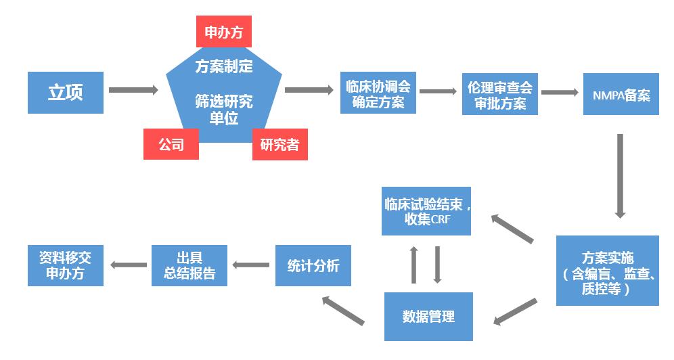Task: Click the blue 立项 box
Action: click(x=66, y=92)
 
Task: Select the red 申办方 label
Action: click(x=223, y=31)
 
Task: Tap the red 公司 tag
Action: click(x=171, y=144)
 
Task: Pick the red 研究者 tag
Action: click(x=279, y=144)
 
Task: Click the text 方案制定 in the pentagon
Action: click(x=223, y=66)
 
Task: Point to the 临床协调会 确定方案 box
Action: click(x=378, y=93)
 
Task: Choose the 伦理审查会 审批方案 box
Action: click(x=500, y=95)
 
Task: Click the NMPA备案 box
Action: click(x=620, y=95)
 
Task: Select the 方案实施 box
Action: click(x=607, y=270)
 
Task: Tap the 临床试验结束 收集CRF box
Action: click(x=426, y=210)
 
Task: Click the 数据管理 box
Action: click(x=428, y=316)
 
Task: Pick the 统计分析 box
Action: click(x=313, y=265)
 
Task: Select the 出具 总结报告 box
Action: click(x=189, y=265)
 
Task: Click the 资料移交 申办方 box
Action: click(x=66, y=265)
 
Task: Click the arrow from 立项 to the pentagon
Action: click(x=133, y=89)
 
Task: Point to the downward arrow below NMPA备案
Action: click(x=619, y=175)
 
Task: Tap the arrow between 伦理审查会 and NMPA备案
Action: click(x=559, y=91)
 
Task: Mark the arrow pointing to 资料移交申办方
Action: click(x=129, y=265)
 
